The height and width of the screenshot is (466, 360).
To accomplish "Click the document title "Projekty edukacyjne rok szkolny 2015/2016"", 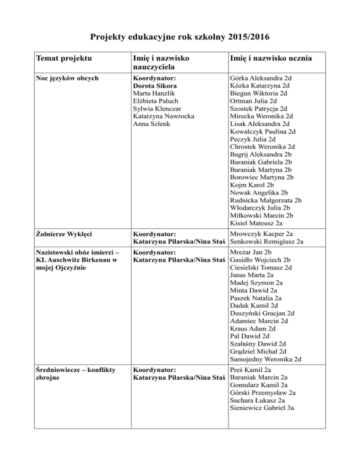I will tap(180, 37).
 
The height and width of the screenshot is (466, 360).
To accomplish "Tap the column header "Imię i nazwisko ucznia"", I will tap(271, 59).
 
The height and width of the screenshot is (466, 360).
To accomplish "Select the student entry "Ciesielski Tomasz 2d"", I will tap(262, 268).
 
